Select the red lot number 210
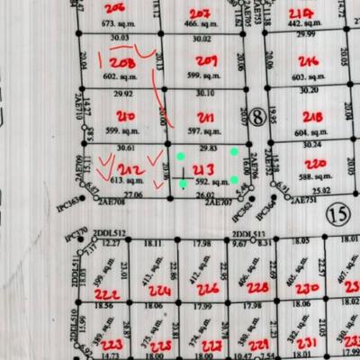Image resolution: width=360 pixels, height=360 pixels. [x=126, y=117]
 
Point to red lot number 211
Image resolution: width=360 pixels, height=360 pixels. [x=206, y=118]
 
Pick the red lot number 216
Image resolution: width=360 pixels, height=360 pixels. [x=309, y=62]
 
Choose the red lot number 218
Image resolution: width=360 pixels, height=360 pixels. [x=313, y=118]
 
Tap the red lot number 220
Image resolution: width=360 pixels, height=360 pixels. [x=314, y=164]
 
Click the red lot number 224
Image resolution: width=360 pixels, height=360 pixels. [x=159, y=292]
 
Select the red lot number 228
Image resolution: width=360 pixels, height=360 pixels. [x=257, y=288]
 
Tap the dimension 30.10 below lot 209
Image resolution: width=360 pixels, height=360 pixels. [x=205, y=93]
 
